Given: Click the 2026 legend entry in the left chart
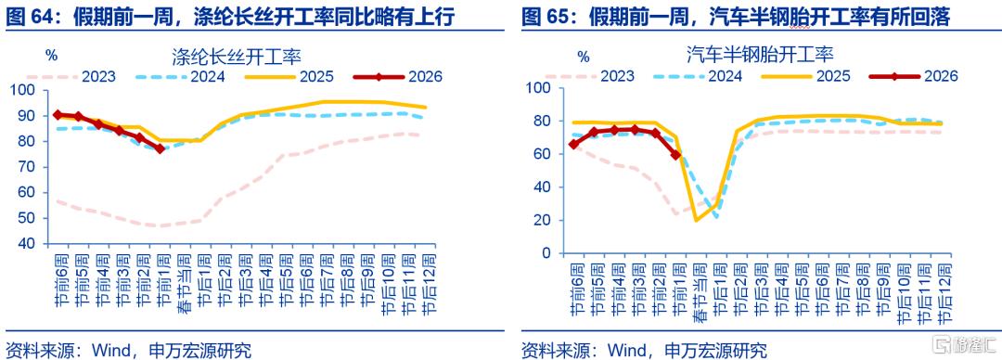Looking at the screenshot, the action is point(397,77).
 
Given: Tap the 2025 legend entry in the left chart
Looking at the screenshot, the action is point(289,77).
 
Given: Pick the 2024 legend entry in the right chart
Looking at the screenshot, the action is point(698,76).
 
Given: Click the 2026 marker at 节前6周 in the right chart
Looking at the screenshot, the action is point(574,145).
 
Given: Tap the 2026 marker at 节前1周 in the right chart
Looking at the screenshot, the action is point(676,155).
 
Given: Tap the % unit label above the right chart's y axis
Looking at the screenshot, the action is point(583,57).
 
